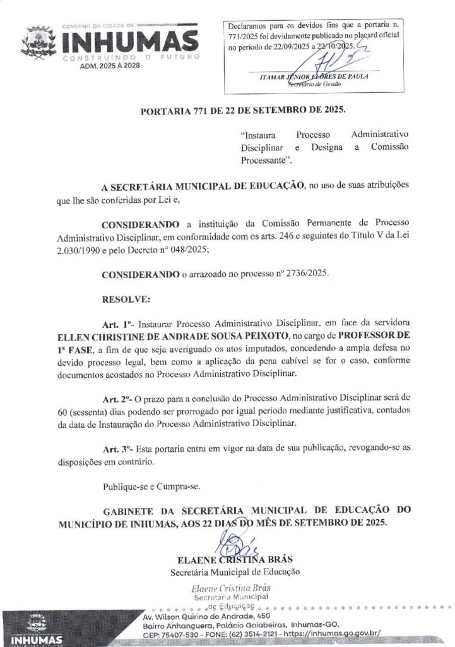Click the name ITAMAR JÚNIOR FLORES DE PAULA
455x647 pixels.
pos(314,77)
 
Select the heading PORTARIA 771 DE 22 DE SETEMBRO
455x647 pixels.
pos(243,111)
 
